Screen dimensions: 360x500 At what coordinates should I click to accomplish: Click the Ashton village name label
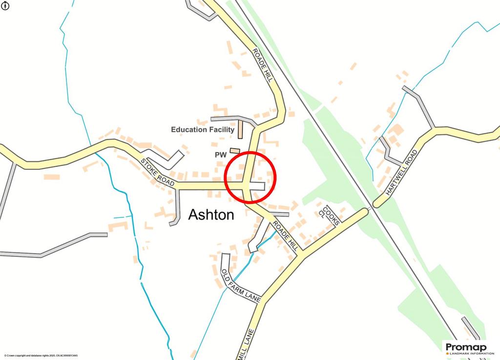(x=211, y=214)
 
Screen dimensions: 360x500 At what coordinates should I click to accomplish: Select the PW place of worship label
(x=220, y=154)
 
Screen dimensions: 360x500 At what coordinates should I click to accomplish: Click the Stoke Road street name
(x=157, y=172)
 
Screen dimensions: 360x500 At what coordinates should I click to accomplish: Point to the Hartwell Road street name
(x=401, y=172)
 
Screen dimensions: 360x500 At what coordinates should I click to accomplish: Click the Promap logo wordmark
(x=463, y=346)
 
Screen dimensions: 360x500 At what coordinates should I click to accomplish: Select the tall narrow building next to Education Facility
(x=241, y=129)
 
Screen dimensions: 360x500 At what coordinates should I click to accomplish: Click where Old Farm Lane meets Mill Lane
(x=259, y=301)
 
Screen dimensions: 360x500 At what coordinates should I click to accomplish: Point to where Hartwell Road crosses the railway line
(x=370, y=207)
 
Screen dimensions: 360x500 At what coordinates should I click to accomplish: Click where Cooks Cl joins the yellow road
(x=341, y=223)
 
